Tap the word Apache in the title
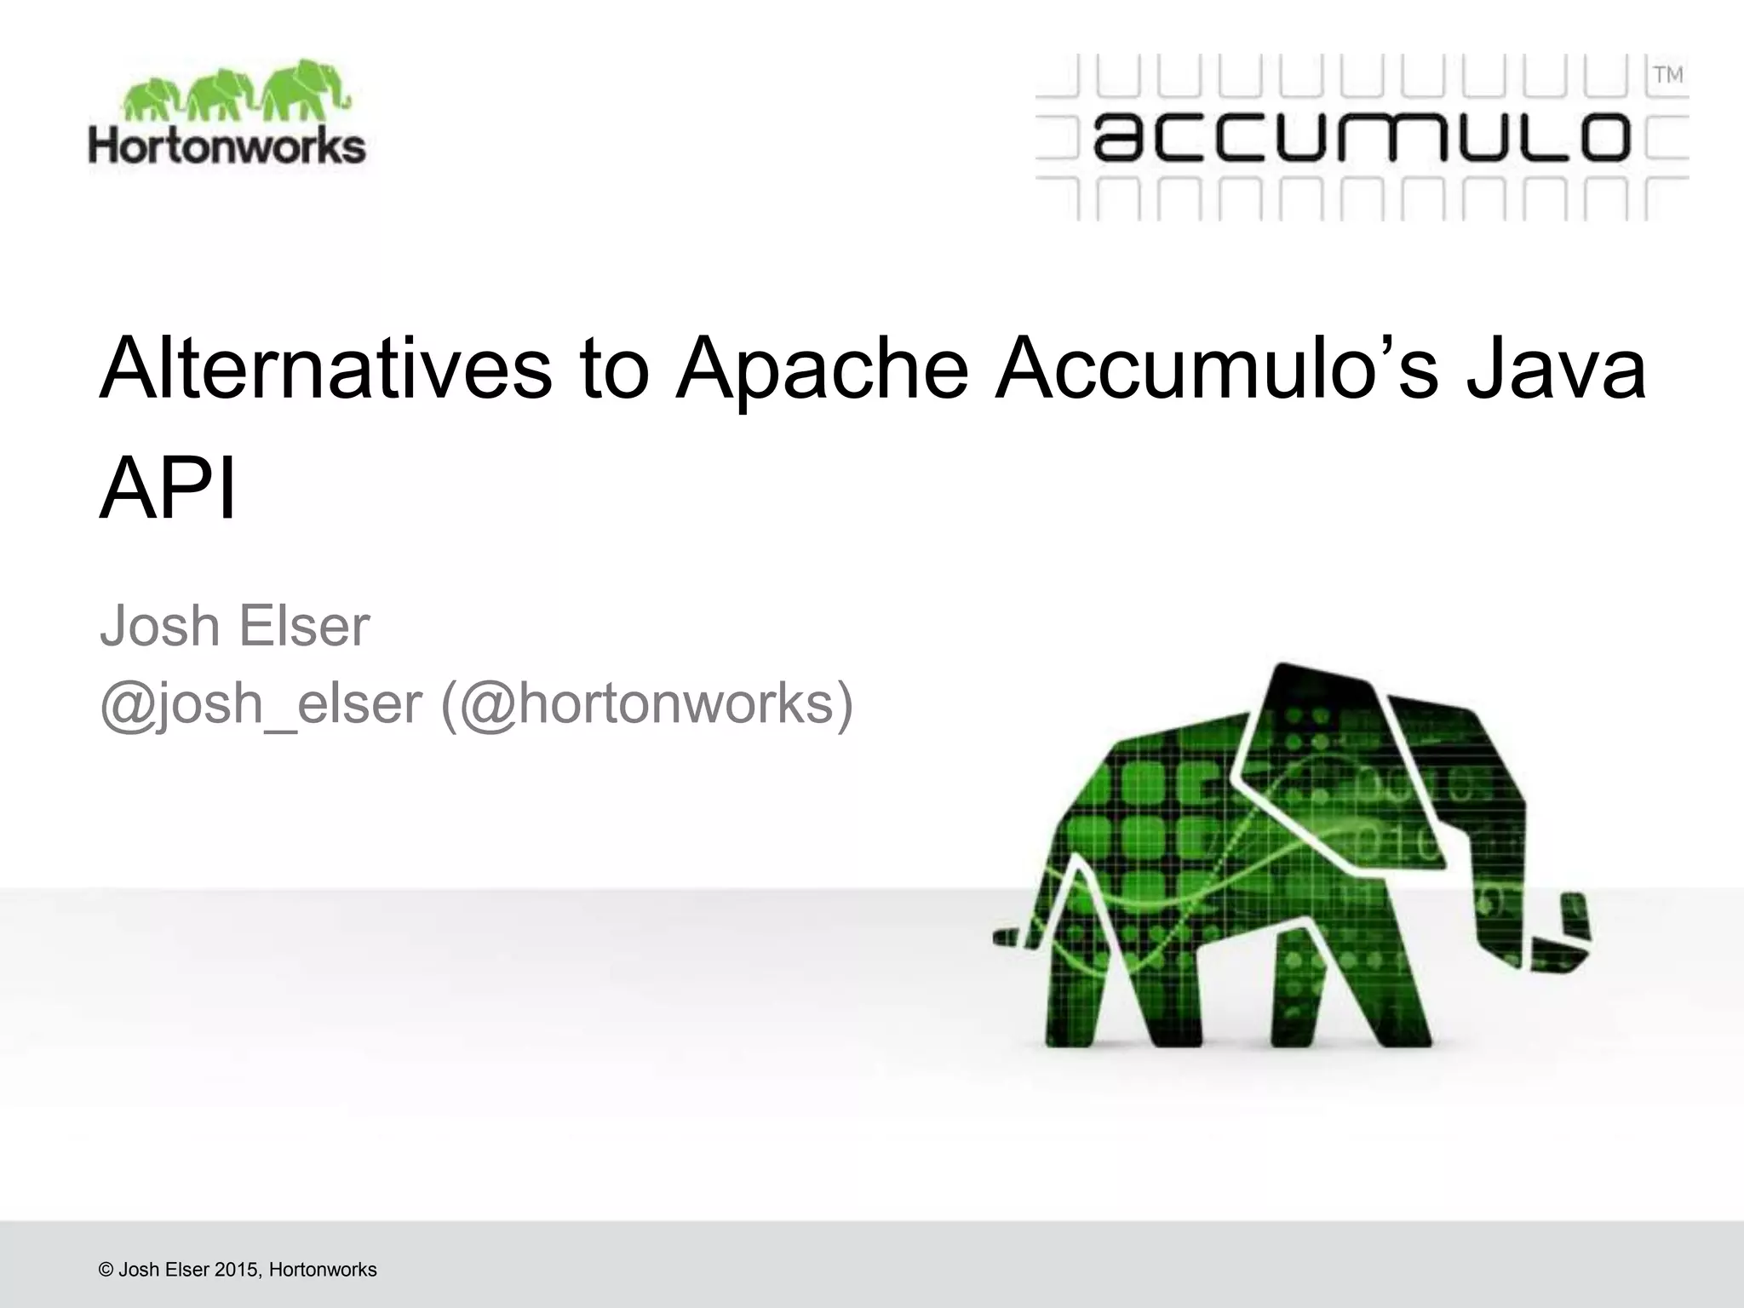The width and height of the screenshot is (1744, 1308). (822, 370)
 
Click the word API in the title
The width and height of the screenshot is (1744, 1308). (168, 491)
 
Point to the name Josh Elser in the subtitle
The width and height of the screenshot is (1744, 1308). (235, 627)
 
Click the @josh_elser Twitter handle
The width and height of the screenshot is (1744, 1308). (261, 705)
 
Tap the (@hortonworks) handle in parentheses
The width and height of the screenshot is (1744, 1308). (646, 705)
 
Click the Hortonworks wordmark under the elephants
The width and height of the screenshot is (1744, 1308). (227, 146)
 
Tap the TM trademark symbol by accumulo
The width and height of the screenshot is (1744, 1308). (1668, 76)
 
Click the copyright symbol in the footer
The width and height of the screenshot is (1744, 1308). (106, 1270)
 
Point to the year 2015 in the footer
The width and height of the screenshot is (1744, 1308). (237, 1270)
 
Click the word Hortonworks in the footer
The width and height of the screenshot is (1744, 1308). (323, 1270)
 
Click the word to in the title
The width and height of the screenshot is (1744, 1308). (614, 370)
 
